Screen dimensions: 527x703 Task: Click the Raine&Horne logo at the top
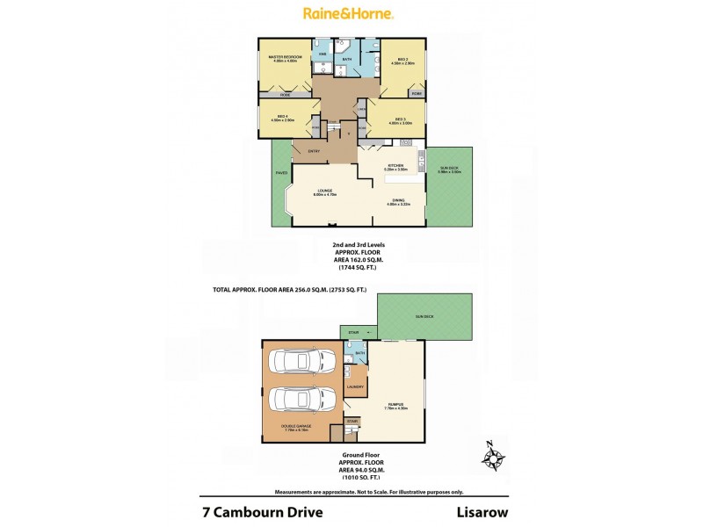[348, 14]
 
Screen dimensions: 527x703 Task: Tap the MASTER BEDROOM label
[285, 58]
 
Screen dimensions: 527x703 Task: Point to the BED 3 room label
[399, 119]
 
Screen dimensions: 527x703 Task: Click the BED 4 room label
[283, 117]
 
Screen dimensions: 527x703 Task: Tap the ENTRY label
[314, 151]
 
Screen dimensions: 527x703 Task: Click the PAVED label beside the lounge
[281, 174]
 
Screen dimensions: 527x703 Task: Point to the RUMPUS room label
[395, 405]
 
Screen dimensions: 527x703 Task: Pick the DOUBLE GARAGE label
[297, 426]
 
